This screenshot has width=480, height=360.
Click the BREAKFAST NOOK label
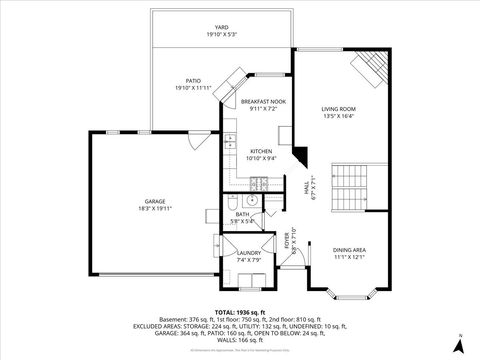pyautogui.click(x=262, y=101)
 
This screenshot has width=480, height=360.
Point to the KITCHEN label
pyautogui.click(x=262, y=151)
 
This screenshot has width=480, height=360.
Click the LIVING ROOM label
pyautogui.click(x=338, y=108)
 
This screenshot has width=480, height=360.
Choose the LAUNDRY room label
pyautogui.click(x=249, y=253)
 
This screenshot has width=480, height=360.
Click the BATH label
pyautogui.click(x=242, y=214)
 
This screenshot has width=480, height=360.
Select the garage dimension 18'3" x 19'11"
pyautogui.click(x=153, y=209)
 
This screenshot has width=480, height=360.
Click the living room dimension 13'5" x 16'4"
pyautogui.click(x=338, y=116)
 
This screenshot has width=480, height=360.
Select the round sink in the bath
pyautogui.click(x=253, y=201)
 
